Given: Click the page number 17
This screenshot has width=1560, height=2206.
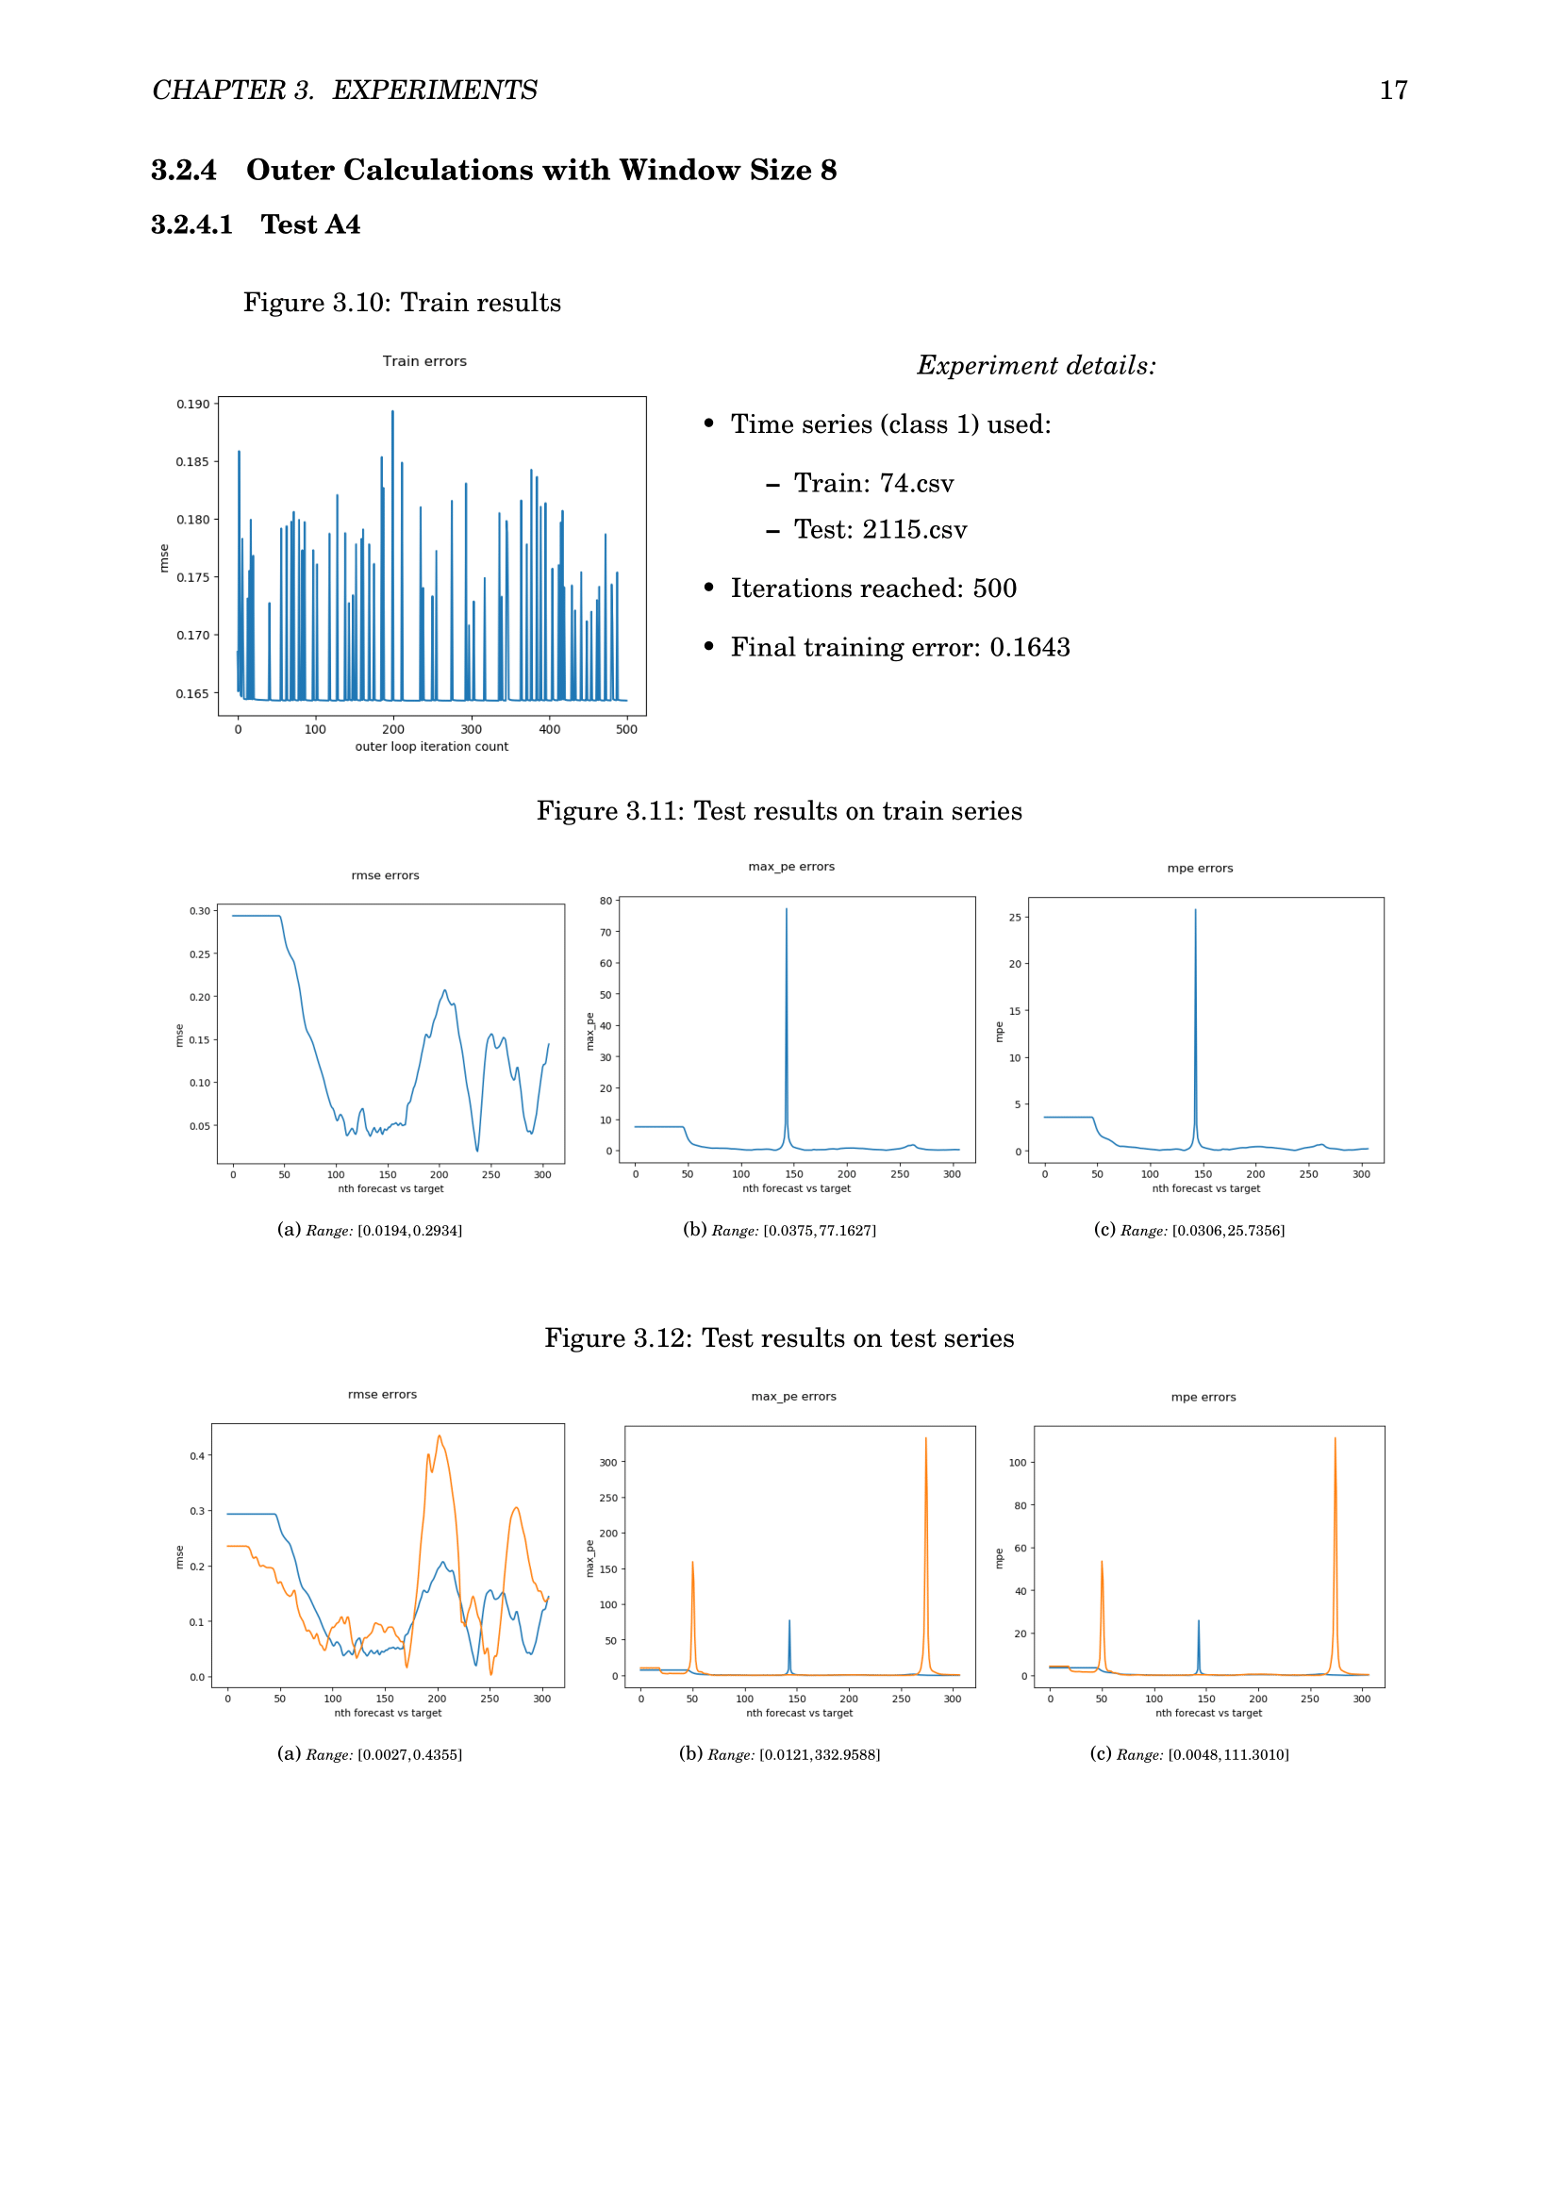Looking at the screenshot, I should tap(1393, 91).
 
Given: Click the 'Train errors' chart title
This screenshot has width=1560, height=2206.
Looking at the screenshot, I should tap(424, 361).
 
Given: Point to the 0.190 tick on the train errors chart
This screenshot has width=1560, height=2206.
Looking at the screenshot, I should tap(192, 405).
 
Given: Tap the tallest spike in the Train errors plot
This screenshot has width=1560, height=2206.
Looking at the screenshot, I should tap(392, 412).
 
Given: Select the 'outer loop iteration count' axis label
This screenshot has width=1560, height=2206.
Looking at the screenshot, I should tap(431, 747).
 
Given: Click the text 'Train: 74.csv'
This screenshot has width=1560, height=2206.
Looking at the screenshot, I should tap(873, 483).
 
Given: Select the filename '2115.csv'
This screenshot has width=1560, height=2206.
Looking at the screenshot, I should tap(915, 530).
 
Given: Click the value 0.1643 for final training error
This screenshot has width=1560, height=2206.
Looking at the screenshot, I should tap(1030, 648).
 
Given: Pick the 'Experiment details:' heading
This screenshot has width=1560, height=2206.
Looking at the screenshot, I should tap(1036, 366).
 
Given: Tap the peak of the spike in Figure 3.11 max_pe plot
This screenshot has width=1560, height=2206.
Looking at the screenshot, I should tap(787, 909).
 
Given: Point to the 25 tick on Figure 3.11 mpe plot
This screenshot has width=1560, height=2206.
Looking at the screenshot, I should tap(1016, 918).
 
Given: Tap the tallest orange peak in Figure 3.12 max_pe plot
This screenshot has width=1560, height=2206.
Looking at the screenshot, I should tap(926, 1438).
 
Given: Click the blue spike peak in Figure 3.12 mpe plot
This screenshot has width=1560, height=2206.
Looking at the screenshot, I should tap(1198, 1621).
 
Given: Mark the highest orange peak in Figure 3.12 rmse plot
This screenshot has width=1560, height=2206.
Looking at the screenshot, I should tap(439, 1436).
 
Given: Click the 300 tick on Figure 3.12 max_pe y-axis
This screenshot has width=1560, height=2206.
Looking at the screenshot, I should tap(608, 1463).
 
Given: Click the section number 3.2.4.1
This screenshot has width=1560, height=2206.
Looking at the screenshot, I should tap(192, 224).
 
